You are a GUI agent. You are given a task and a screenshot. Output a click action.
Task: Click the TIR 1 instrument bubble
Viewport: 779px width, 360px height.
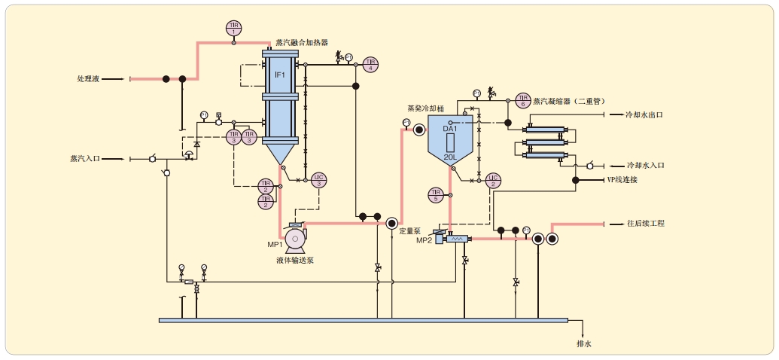[x=233, y=29]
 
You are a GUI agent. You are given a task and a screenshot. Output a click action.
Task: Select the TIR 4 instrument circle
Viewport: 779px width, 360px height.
[x=370, y=64]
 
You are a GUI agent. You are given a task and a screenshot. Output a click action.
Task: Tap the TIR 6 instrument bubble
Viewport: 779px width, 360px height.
[x=523, y=100]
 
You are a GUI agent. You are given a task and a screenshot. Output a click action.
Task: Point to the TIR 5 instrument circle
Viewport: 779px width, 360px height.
[x=435, y=195]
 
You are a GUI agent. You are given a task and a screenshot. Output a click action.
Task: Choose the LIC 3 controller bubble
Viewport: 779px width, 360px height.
[x=318, y=180]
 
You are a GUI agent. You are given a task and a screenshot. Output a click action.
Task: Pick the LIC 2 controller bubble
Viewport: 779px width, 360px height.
[x=493, y=180]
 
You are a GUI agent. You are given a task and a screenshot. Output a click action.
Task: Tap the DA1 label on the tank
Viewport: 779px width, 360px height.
[x=450, y=129]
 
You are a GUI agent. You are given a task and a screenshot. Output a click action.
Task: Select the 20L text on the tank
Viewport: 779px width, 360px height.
[x=450, y=157]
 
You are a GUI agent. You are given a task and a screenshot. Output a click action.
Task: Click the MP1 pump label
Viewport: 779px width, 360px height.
[x=275, y=245]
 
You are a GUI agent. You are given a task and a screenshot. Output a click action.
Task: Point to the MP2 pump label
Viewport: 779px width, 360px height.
[x=424, y=240]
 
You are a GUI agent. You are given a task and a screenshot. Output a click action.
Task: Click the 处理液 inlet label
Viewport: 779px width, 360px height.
[x=88, y=78]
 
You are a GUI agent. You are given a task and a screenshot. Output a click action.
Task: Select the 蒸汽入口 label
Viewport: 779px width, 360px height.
[x=84, y=159]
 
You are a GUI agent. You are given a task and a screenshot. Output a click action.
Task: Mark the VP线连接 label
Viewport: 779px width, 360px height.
[x=622, y=180]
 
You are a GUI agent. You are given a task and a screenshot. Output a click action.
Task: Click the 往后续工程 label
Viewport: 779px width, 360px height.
[x=646, y=224]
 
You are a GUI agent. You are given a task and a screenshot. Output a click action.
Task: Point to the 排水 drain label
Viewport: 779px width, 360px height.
[x=584, y=344]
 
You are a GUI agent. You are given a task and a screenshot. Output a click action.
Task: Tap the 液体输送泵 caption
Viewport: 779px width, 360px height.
[x=295, y=260]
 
